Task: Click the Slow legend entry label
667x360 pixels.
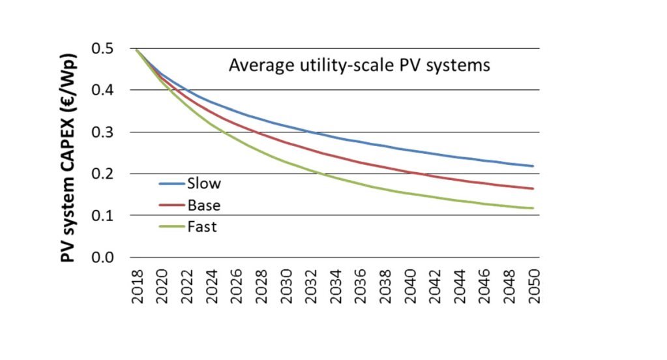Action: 201,184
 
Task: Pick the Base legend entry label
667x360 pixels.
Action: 203,205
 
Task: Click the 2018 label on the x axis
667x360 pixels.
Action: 136,284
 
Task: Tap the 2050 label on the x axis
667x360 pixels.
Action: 535,284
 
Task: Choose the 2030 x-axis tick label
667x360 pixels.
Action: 286,284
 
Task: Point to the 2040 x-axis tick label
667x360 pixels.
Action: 410,284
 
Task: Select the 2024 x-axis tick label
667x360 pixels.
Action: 211,284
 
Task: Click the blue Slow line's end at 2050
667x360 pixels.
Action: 534,166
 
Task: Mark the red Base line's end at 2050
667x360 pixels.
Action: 534,189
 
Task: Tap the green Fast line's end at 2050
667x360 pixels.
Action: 534,208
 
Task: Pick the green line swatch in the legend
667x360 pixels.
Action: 170,227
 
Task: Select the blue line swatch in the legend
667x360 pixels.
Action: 170,184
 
